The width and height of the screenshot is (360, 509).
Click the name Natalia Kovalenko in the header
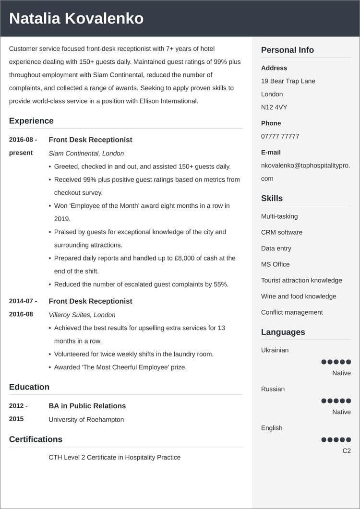[76, 18]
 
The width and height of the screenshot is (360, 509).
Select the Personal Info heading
[287, 50]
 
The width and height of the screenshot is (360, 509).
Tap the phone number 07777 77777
[280, 136]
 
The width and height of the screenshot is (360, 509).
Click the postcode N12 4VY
[274, 107]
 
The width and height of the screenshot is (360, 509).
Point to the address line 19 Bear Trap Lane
[288, 81]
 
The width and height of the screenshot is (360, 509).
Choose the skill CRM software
[282, 232]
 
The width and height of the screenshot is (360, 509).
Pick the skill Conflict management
[292, 312]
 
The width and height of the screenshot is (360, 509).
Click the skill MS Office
[275, 264]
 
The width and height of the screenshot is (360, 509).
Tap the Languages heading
[283, 332]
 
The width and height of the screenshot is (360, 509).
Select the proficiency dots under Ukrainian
[336, 362]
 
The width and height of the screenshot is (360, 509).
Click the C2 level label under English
[346, 451]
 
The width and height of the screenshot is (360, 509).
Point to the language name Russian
[273, 389]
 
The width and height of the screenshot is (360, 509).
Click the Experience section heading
[31, 121]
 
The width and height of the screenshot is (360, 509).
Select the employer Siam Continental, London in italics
[86, 154]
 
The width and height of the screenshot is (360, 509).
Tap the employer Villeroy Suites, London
[82, 315]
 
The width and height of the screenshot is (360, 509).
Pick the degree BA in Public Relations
[87, 406]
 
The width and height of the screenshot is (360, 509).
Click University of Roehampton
[86, 419]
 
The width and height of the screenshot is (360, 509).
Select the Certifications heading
[36, 439]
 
